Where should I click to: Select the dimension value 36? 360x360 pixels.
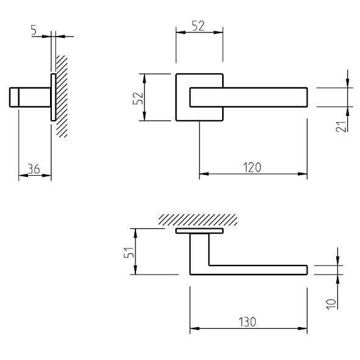point(34,170)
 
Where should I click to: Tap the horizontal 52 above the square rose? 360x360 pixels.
point(198,26)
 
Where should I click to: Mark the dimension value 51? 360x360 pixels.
point(126,252)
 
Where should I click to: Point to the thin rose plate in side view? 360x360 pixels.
point(53,97)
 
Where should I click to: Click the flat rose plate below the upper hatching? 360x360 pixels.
point(199,232)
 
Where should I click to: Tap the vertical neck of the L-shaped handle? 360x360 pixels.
point(199,253)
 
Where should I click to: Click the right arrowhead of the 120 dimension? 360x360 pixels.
point(303,174)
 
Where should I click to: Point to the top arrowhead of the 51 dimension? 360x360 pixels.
point(135,232)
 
